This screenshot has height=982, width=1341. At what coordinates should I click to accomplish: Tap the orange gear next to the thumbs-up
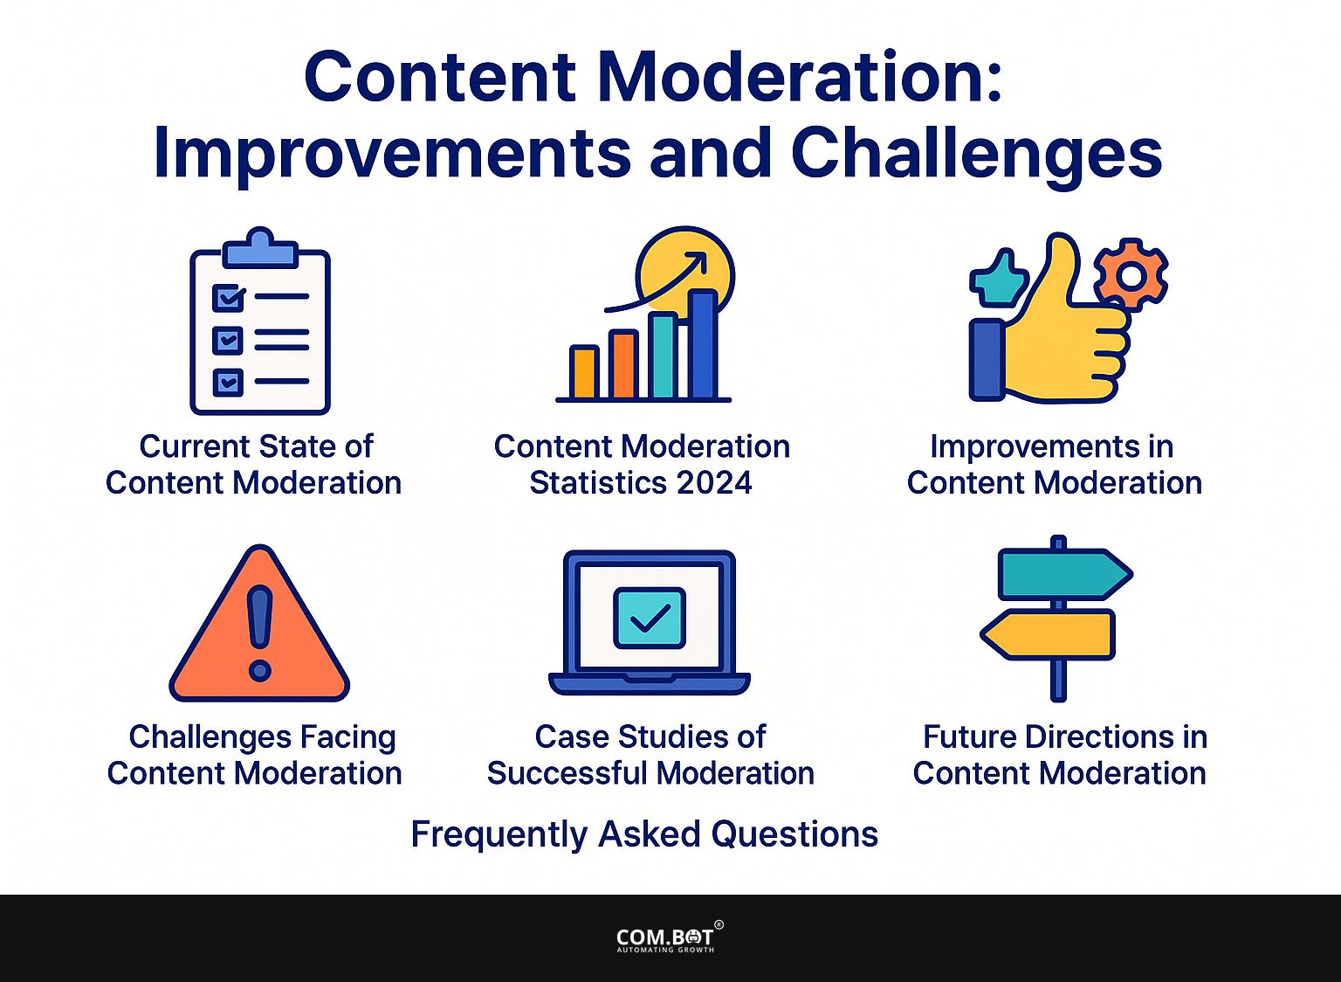pyautogui.click(x=1131, y=275)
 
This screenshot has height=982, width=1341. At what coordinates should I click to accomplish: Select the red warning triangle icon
pyautogui.click(x=259, y=629)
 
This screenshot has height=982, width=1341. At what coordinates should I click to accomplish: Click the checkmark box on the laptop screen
pyautogui.click(x=649, y=618)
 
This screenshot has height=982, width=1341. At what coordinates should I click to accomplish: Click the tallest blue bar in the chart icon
pyautogui.click(x=704, y=345)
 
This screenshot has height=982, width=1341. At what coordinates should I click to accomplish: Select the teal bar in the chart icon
pyautogui.click(x=663, y=356)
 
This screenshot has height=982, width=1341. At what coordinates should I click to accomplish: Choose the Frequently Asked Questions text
pyautogui.click(x=644, y=834)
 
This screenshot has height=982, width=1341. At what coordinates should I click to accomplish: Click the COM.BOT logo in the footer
pyautogui.click(x=665, y=937)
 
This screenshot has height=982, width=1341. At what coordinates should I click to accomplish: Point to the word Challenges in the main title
pyautogui.click(x=976, y=155)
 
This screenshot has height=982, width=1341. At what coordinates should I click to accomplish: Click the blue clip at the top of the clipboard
pyautogui.click(x=260, y=249)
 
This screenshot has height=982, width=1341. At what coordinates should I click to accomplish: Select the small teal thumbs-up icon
pyautogui.click(x=995, y=278)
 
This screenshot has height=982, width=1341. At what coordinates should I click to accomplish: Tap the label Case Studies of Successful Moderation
pyautogui.click(x=650, y=755)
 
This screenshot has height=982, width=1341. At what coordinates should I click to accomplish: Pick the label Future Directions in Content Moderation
pyautogui.click(x=1061, y=755)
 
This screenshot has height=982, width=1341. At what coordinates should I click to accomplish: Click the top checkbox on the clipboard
pyautogui.click(x=228, y=298)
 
